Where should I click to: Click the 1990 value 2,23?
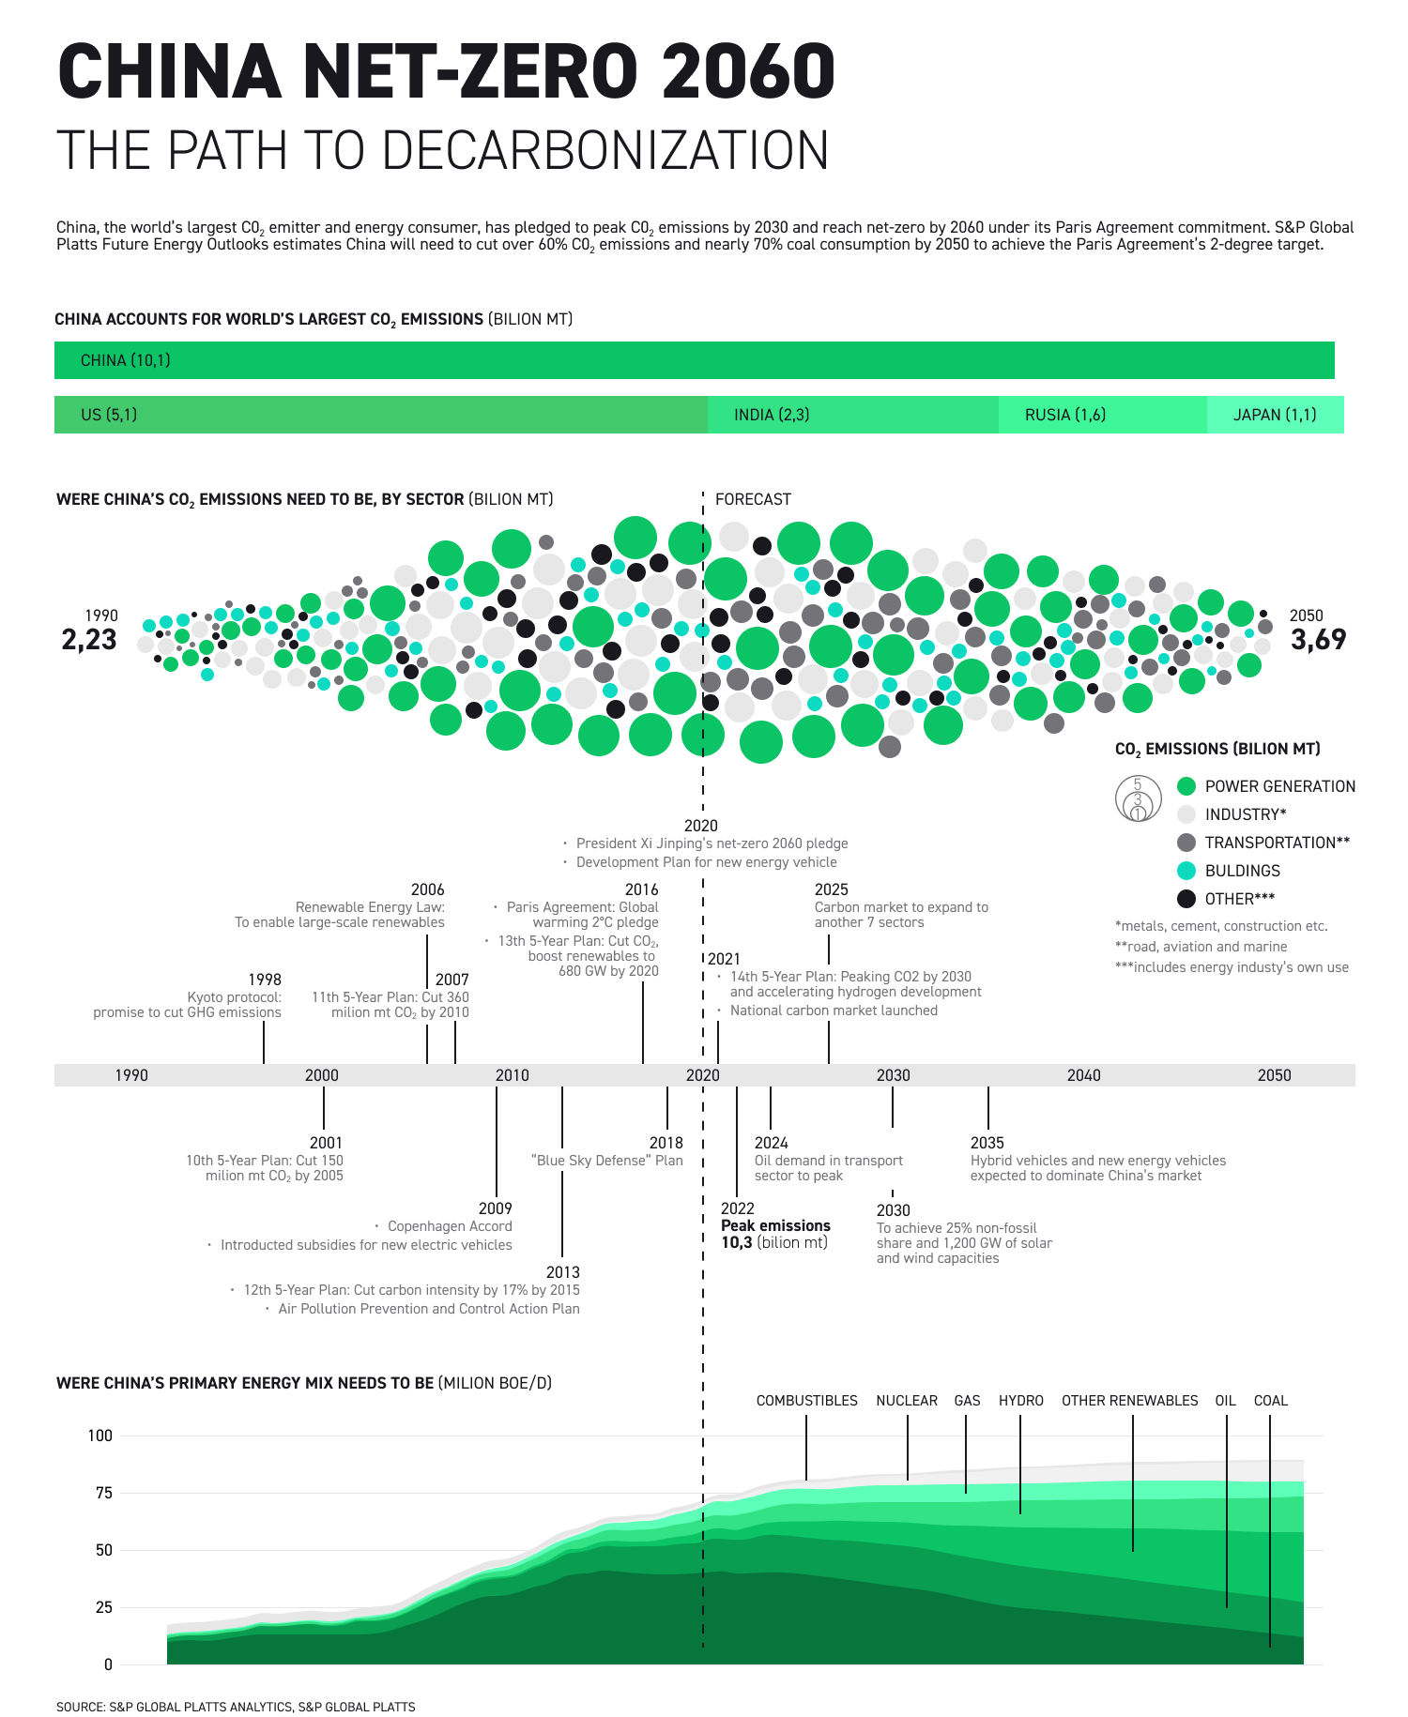pos(89,640)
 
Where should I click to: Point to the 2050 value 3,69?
pos(1318,640)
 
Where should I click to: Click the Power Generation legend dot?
pos(1186,786)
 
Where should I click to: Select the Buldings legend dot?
pos(1186,871)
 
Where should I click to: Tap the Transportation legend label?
pos(1277,843)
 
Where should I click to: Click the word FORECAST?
pos(753,499)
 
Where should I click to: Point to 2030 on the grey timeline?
pos(893,1075)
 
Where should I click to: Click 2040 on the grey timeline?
pos(1083,1075)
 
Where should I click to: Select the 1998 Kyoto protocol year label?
pos(265,980)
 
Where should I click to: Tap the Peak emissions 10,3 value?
pos(737,1243)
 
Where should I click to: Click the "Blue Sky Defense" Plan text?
pos(606,1161)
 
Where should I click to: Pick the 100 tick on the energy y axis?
pos(99,1436)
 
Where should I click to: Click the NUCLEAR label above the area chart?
pos(907,1401)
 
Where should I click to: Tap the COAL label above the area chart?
pos(1270,1401)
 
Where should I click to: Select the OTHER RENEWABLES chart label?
pos(1129,1401)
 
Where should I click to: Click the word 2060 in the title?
pos(747,72)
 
